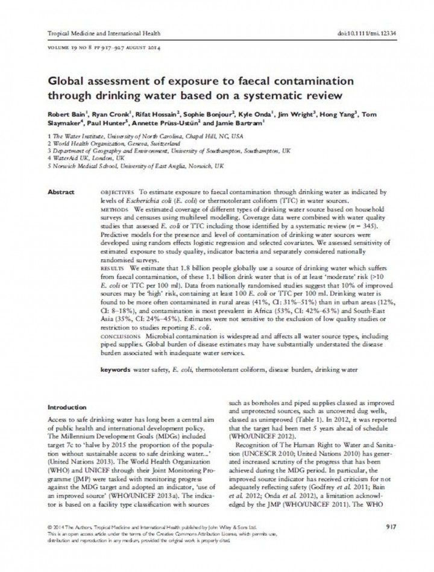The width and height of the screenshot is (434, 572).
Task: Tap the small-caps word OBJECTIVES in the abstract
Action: (x=118, y=192)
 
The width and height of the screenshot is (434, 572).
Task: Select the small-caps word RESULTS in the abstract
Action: (x=113, y=265)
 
